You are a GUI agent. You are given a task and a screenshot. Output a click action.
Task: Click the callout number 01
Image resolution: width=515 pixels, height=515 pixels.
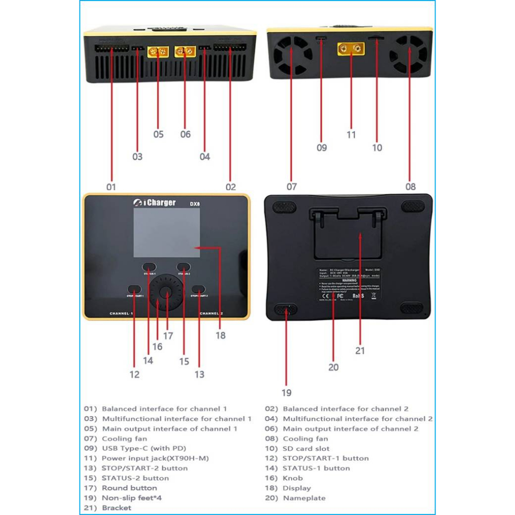[x=111, y=187]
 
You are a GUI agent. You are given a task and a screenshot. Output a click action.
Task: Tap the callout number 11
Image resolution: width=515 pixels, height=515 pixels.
[x=351, y=135]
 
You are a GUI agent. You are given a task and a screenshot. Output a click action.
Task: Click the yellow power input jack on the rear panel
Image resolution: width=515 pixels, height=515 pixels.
[x=351, y=49]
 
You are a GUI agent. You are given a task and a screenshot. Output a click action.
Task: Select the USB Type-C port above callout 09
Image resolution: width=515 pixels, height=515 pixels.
[x=321, y=39]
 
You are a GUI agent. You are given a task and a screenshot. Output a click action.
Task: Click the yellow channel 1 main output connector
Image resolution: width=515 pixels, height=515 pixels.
[x=157, y=51]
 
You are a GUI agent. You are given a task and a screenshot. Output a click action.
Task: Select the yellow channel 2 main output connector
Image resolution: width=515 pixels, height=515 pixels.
[x=185, y=51]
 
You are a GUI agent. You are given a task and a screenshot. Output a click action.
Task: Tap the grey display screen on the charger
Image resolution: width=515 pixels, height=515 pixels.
[x=166, y=232]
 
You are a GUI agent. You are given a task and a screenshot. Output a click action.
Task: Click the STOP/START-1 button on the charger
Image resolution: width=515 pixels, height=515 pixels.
[x=134, y=289]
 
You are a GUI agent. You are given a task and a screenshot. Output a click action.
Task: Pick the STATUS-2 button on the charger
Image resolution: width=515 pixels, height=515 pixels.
[x=183, y=267]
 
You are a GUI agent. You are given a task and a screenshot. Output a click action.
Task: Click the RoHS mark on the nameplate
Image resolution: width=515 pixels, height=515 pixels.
[x=358, y=296]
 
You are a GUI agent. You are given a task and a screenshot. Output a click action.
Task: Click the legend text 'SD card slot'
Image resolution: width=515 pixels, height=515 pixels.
[x=306, y=448]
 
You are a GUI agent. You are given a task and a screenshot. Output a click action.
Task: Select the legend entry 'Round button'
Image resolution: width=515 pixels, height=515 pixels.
[x=129, y=488]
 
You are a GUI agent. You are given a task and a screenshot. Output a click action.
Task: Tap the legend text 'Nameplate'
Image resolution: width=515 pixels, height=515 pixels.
[x=304, y=498]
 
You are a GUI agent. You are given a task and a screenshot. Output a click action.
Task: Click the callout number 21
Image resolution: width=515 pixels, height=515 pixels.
[x=360, y=351]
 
